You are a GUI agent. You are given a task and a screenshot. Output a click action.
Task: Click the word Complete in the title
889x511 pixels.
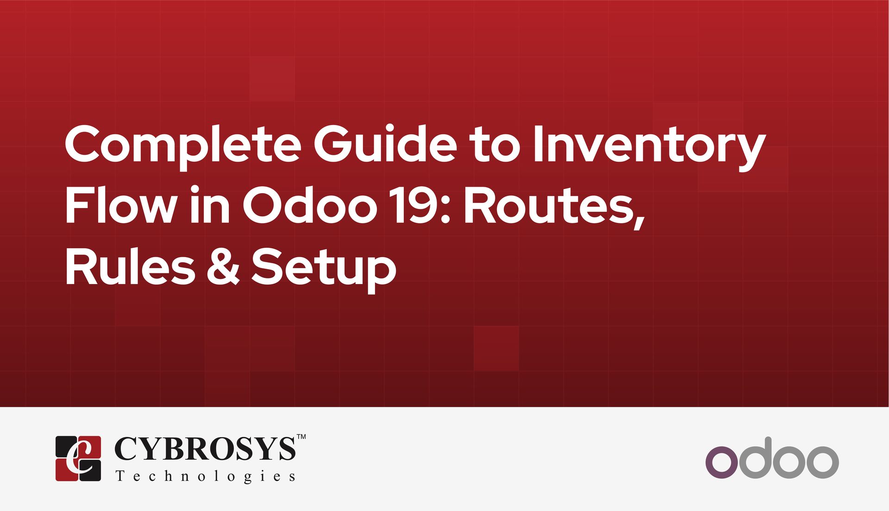(183, 145)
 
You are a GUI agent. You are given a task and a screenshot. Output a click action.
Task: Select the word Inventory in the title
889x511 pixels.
(649, 145)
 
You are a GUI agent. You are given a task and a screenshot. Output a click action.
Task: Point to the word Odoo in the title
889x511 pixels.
(310, 206)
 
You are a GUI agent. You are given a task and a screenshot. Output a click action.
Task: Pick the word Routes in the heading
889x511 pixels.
(553, 207)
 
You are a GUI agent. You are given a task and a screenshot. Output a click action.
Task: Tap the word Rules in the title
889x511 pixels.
(130, 267)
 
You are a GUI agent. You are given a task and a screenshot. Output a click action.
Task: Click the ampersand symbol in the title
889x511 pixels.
(223, 267)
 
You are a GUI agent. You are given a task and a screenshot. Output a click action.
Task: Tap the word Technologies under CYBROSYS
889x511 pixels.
(205, 476)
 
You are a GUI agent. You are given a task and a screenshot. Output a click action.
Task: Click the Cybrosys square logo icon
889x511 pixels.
(78, 458)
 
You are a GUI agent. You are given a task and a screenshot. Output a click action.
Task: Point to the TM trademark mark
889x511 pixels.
(301, 436)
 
